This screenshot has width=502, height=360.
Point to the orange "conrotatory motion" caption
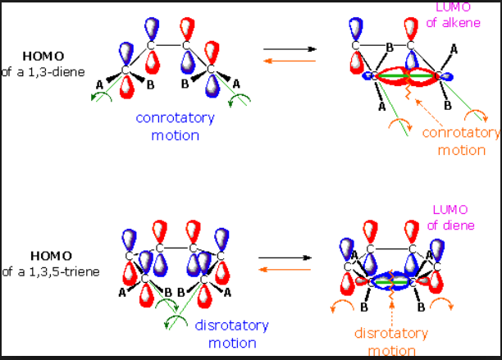coord(461,140)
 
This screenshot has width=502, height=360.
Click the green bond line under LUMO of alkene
coord(407,76)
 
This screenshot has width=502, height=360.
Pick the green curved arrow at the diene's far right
coord(239,100)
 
